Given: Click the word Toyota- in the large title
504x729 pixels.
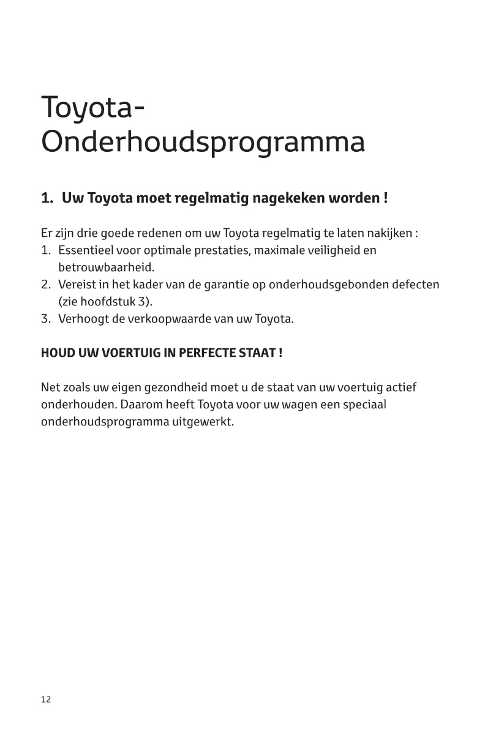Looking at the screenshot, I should (93, 108).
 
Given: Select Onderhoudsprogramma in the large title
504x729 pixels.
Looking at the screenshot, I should (203, 143).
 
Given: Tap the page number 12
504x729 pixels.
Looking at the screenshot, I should (46, 700).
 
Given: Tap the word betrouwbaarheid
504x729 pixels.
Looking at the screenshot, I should (106, 267).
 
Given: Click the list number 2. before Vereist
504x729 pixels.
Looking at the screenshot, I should (46, 285).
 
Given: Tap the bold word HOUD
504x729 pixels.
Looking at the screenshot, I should (56, 353).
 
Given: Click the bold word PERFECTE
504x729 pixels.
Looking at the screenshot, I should (210, 353).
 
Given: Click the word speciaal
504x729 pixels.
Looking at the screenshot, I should (365, 405).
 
